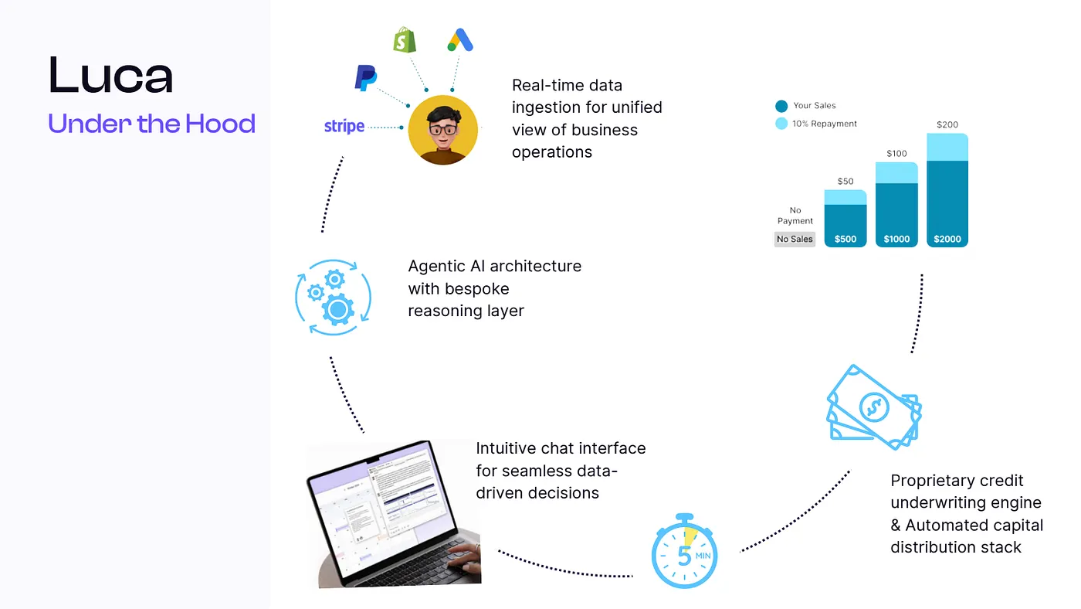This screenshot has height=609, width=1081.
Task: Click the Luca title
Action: (110, 77)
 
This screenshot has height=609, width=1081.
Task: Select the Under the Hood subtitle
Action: (151, 124)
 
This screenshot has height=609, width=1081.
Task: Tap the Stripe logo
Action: (344, 127)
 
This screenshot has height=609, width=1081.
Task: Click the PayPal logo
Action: (365, 79)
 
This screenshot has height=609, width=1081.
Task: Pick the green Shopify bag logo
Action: (405, 40)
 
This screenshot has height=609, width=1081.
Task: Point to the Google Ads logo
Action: (459, 40)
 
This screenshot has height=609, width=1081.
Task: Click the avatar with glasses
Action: (442, 130)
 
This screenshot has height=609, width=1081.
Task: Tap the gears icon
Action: (334, 298)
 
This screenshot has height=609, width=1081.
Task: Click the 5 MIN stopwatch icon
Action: (683, 550)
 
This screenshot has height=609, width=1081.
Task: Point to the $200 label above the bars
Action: (947, 124)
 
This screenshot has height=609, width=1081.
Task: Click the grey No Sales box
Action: (795, 240)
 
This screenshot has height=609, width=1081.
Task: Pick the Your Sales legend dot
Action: (781, 106)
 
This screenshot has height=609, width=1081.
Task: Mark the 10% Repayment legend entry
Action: (816, 124)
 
